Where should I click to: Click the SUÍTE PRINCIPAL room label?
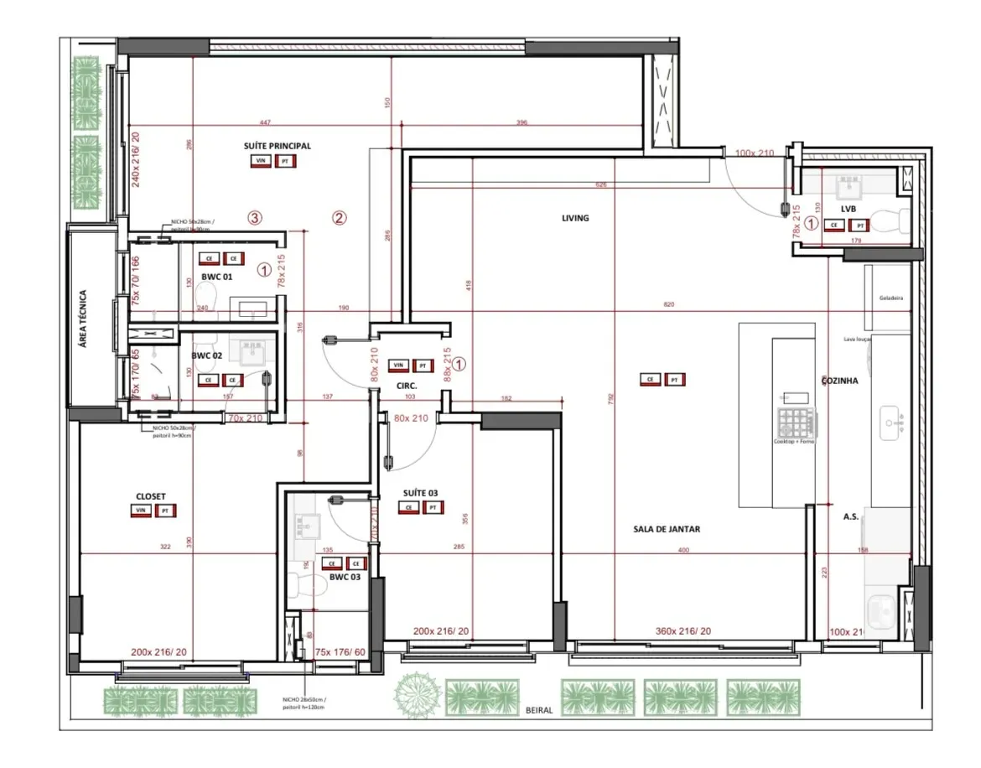point(277,146)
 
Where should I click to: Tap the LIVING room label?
point(575,218)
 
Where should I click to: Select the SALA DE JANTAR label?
point(667,529)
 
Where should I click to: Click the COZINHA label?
point(839,380)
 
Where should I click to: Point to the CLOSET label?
point(150,496)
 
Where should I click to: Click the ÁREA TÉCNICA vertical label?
point(82,319)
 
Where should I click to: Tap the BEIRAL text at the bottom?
point(539,710)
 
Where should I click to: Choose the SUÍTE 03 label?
point(421,493)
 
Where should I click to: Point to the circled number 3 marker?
point(256,218)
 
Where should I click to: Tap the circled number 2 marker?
point(339,218)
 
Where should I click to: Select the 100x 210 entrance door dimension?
point(754,153)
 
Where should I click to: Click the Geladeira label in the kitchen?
point(890,298)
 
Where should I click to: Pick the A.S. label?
point(849,517)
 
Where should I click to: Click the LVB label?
point(848,209)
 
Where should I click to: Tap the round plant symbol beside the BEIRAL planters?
point(418,695)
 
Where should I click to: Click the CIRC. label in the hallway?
point(407,385)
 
